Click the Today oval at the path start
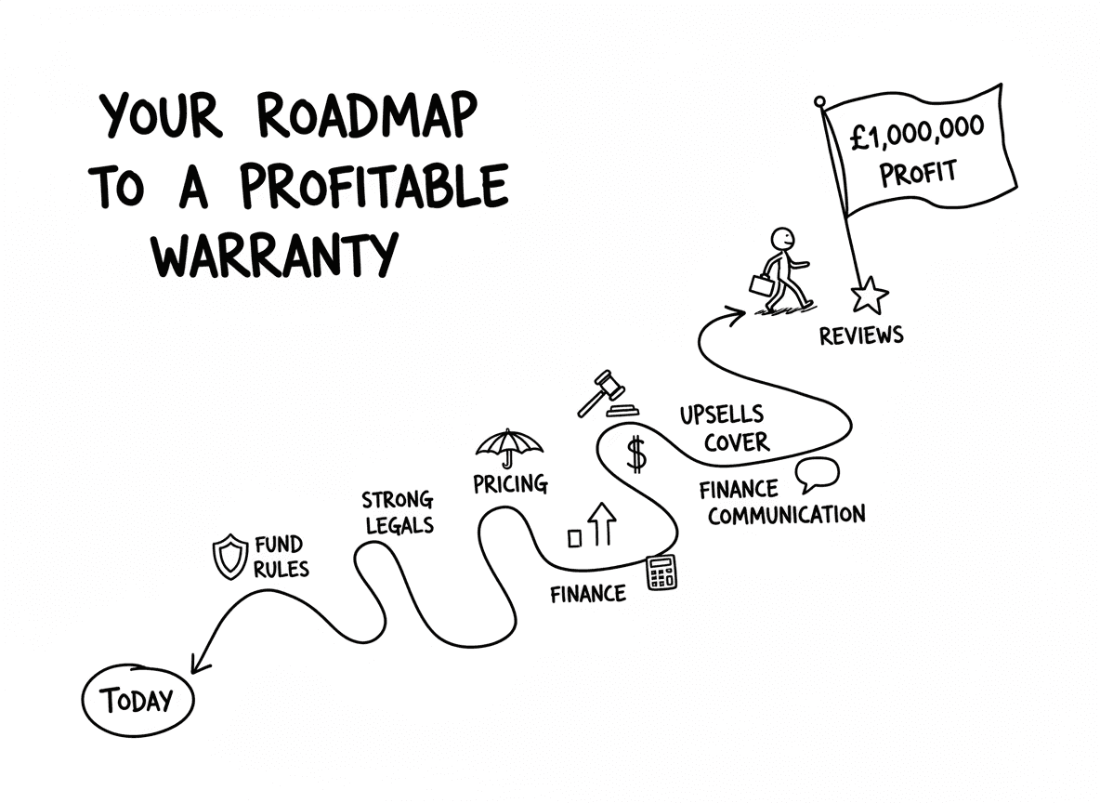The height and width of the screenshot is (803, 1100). tap(138, 699)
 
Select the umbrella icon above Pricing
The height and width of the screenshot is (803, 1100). tap(509, 447)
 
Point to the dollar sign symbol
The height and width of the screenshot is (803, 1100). tap(636, 454)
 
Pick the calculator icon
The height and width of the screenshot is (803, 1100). tap(661, 573)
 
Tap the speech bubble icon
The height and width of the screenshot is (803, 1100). tap(817, 476)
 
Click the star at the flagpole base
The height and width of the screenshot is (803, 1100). tap(870, 296)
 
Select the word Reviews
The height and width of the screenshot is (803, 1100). tap(860, 335)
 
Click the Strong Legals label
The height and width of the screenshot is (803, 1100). tap(398, 512)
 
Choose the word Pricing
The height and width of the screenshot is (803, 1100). tap(510, 484)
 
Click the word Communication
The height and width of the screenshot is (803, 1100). tap(786, 514)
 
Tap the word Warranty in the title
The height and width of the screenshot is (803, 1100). tap(276, 250)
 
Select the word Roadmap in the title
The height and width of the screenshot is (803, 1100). tap(366, 118)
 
